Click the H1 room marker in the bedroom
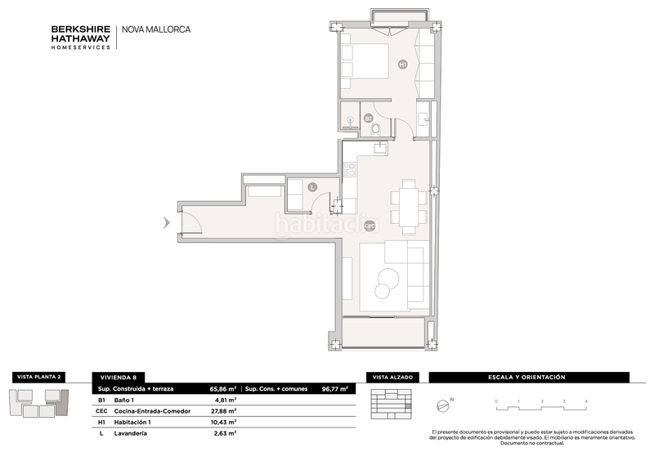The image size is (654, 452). (402, 65)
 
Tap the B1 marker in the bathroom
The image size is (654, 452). (369, 119)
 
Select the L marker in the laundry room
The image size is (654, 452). (312, 188)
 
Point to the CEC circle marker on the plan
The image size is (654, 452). (370, 226)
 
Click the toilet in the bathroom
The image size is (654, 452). (376, 129)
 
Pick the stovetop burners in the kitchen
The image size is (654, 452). (350, 169)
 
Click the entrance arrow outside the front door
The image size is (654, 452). (167, 222)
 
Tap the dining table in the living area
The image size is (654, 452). (409, 208)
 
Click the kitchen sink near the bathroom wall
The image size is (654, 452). (380, 148)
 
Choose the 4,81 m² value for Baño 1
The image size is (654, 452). (226, 400)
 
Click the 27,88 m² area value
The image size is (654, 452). (223, 410)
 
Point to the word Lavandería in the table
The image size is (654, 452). (131, 433)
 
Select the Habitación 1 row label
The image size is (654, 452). (132, 422)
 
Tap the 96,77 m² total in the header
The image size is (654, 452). (335, 388)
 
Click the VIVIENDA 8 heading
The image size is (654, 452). (119, 378)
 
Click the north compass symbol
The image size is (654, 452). (443, 405)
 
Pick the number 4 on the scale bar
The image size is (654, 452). (586, 401)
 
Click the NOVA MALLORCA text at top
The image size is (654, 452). (156, 29)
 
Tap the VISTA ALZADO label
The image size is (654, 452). (392, 378)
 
